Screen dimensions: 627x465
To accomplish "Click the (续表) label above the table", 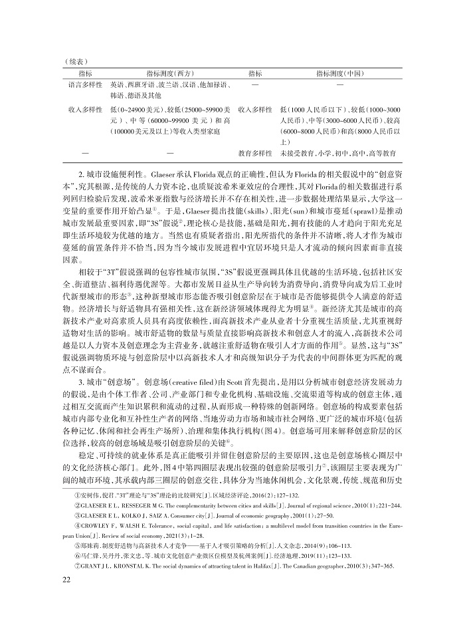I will [72, 59].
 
